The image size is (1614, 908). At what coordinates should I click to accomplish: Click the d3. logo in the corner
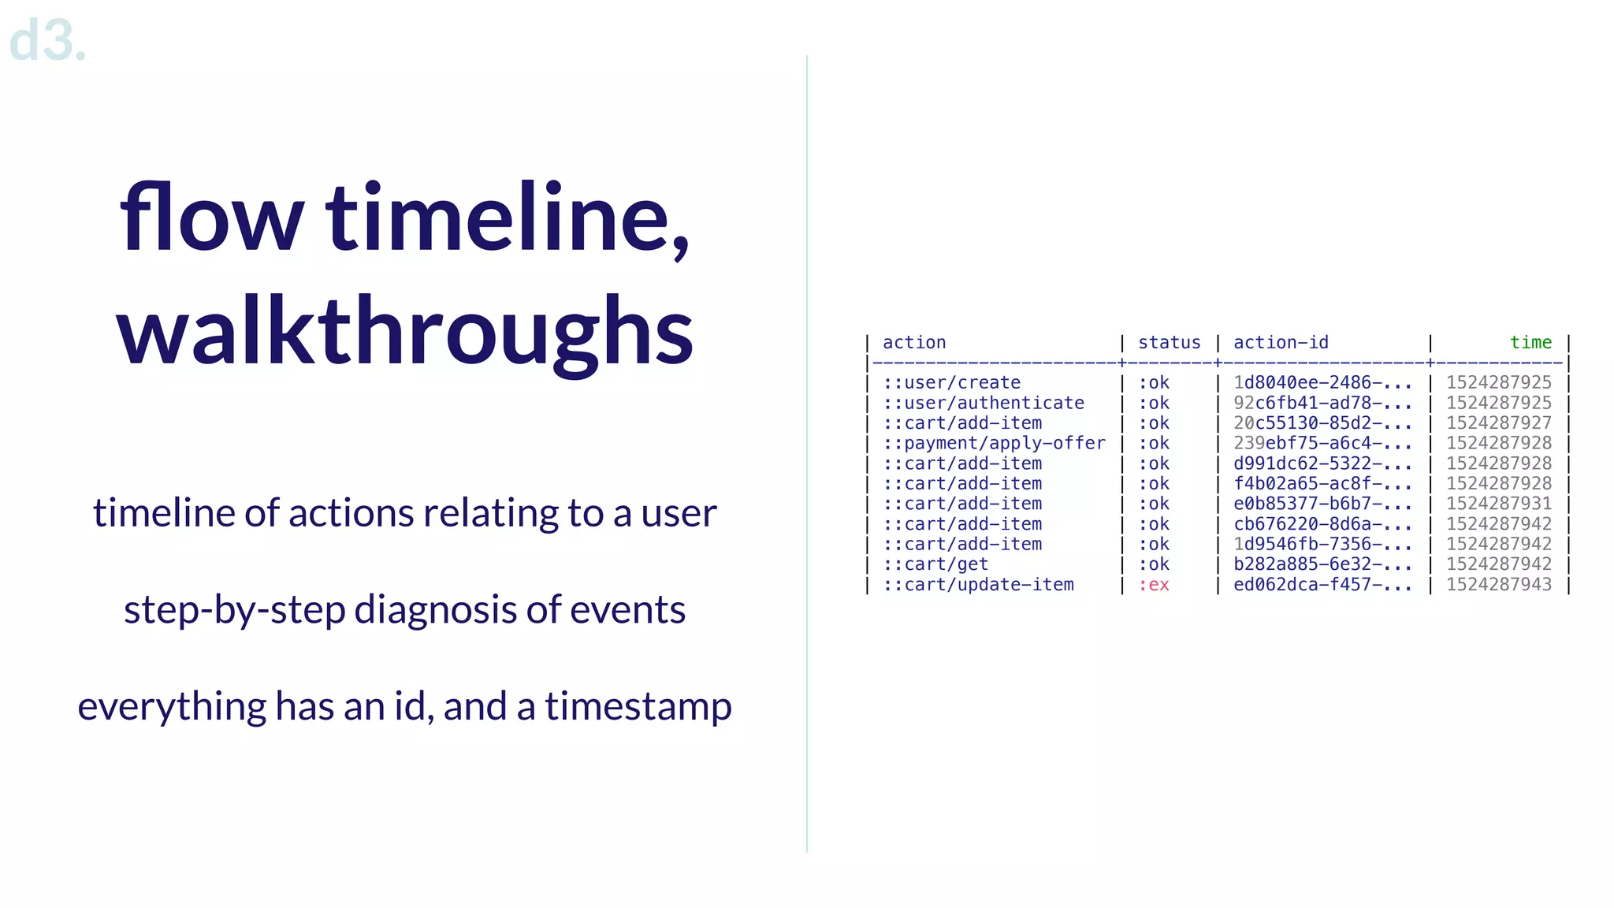pos(47,41)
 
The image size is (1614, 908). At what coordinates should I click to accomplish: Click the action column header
pos(913,343)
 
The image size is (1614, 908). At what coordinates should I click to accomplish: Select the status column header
pos(1169,343)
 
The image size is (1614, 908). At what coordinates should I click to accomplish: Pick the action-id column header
pos(1281,343)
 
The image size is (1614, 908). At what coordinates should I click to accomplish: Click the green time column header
pos(1530,343)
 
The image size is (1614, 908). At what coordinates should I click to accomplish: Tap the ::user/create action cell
pos(951,383)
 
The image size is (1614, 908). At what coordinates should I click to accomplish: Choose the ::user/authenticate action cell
pos(983,403)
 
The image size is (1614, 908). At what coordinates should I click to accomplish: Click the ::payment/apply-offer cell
pos(994,444)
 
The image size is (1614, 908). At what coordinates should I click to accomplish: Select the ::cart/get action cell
pos(935,564)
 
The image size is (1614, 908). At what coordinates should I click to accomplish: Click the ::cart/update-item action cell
pos(978,585)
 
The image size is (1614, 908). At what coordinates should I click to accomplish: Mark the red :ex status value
pos(1154,585)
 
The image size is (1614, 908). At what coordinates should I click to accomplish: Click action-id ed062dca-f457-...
pos(1322,585)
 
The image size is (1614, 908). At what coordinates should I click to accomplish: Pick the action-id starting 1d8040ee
pos(1322,383)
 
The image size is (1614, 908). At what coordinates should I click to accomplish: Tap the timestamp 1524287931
pos(1498,504)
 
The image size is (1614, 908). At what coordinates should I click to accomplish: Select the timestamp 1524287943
pos(1498,585)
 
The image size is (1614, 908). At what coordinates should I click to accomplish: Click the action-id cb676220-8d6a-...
pos(1322,524)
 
